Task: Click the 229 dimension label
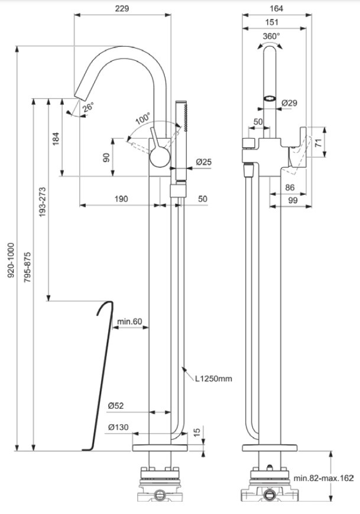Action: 122,8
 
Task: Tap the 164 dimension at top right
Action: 276,8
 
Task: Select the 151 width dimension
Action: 272,22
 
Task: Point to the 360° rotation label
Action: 271,36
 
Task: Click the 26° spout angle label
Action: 88,107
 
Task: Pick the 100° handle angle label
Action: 143,118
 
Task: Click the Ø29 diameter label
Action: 290,103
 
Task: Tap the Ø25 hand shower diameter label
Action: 204,162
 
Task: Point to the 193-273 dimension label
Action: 43,202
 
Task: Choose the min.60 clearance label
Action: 130,321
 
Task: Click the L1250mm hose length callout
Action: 213,379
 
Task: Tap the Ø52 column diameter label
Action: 116,406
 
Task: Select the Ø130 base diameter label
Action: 118,427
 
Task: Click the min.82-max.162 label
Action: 323,478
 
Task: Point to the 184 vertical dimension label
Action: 56,139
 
